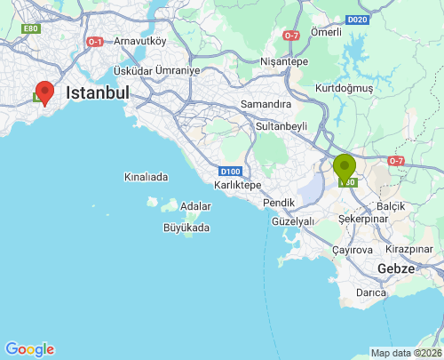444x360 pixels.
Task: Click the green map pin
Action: click(x=345, y=166)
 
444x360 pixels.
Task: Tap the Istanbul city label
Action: click(x=98, y=92)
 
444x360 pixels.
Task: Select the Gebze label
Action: click(x=396, y=268)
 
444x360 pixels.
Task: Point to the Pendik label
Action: click(x=280, y=204)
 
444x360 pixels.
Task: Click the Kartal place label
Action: click(x=238, y=185)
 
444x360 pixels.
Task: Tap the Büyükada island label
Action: click(x=186, y=228)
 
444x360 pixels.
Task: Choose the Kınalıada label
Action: click(x=146, y=177)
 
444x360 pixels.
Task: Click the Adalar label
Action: click(x=195, y=206)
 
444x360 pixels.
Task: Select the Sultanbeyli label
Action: click(x=281, y=126)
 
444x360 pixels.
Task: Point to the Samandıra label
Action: click(x=266, y=104)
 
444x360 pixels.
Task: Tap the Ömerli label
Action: click(x=327, y=32)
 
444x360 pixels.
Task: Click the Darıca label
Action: click(x=370, y=292)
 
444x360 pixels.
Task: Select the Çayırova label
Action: click(x=353, y=250)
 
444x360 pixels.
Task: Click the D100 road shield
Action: click(x=231, y=171)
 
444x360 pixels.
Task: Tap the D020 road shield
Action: click(x=358, y=20)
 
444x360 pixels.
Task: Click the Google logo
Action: click(x=29, y=349)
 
